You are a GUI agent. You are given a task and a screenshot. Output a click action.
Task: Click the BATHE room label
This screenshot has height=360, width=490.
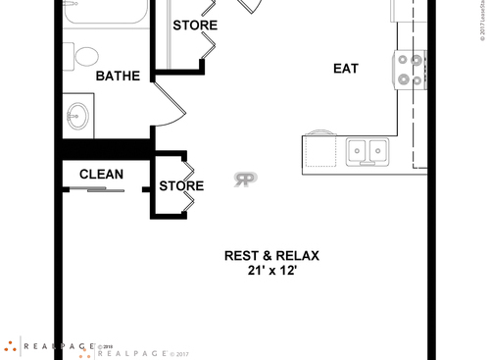coord(117,76)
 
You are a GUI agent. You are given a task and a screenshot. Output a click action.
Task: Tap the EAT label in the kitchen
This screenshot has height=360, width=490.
coord(345,69)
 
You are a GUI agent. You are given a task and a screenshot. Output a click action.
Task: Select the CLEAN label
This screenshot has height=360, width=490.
coord(101,175)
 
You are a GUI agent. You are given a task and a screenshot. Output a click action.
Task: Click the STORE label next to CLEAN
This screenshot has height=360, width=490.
coord(181,185)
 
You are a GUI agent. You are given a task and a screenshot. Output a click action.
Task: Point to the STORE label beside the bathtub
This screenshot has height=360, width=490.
coord(195,25)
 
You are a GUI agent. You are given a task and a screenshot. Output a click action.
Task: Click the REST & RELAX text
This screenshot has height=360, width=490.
coord(271,255)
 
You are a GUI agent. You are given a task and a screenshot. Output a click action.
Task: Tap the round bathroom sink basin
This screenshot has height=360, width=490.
coord(76,117)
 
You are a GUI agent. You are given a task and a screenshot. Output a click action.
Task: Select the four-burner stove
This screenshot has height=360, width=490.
coord(410,71)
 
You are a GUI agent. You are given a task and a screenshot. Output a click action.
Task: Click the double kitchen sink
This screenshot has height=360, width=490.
coord(367,150)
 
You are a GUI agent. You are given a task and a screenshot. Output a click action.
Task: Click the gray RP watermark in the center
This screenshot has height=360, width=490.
coord(245,180)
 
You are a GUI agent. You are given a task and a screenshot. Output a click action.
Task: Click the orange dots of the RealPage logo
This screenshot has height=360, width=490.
coord(11,347)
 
